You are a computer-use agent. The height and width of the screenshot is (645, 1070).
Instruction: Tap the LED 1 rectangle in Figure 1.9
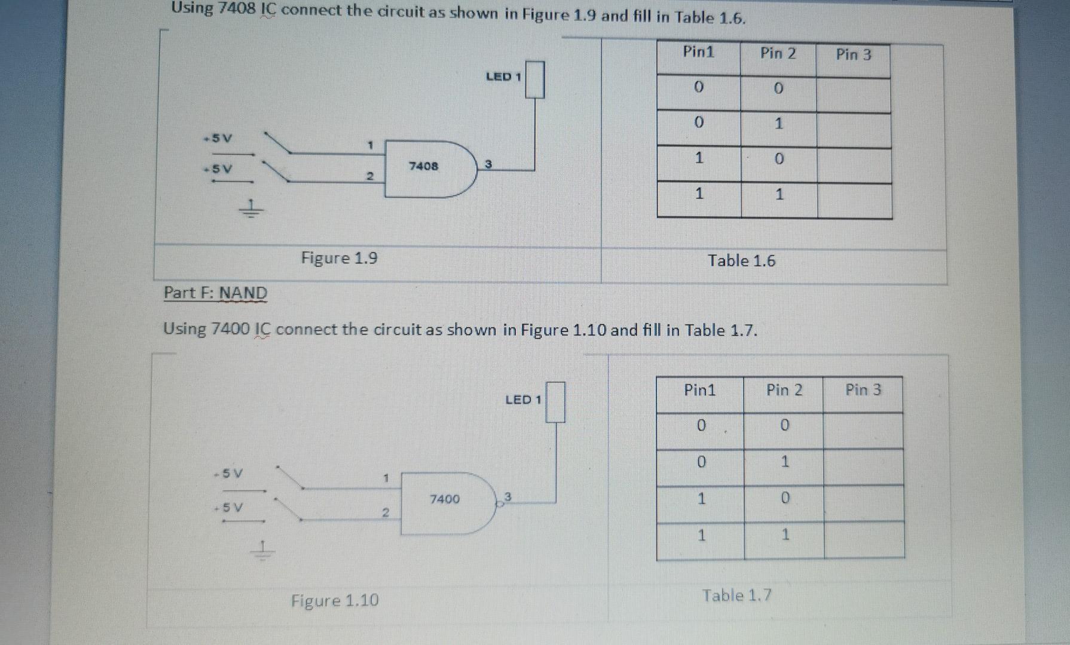tap(535, 79)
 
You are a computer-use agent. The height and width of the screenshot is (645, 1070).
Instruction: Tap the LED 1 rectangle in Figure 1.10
tap(555, 402)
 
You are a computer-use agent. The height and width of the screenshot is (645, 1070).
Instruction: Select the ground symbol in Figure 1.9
tap(251, 209)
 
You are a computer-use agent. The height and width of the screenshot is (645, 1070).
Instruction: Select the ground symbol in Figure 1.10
tap(262, 549)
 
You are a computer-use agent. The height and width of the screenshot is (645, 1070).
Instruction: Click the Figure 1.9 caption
tap(339, 258)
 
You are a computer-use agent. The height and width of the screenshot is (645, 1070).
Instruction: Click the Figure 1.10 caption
tap(335, 600)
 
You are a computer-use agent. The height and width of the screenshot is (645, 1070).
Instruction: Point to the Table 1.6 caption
tap(741, 261)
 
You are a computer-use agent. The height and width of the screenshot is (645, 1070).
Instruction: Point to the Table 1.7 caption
tap(736, 595)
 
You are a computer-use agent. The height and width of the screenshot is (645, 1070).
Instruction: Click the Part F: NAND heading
tap(215, 293)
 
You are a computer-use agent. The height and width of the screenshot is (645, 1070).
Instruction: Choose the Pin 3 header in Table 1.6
tap(853, 55)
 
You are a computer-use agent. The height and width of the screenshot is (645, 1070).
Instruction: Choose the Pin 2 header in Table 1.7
tap(784, 390)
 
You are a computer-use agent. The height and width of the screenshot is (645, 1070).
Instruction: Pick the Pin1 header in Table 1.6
tap(698, 52)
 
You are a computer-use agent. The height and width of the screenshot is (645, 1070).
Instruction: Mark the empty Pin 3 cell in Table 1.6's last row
tap(854, 201)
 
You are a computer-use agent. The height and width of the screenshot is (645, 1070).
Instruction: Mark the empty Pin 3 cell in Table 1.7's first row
tap(863, 430)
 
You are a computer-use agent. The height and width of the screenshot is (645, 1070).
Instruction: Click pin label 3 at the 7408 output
tap(488, 164)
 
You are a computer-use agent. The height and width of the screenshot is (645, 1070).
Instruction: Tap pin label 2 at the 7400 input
tap(386, 512)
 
